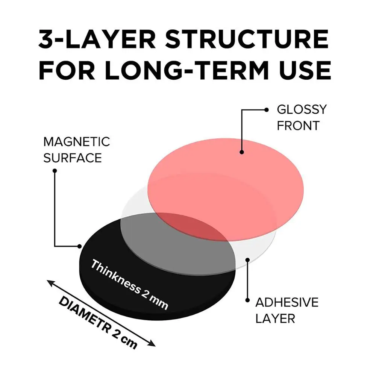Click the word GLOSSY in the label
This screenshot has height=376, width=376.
(x=302, y=110)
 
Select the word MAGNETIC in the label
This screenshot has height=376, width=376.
(x=77, y=142)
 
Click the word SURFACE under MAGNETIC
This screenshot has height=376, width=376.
(x=73, y=158)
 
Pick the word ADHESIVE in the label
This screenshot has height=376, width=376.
(x=287, y=302)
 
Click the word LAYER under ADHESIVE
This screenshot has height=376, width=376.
(x=275, y=318)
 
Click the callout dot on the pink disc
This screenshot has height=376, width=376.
(x=241, y=152)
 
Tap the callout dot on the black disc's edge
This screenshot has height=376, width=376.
(x=80, y=246)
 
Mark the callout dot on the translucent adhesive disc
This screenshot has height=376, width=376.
(x=247, y=259)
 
